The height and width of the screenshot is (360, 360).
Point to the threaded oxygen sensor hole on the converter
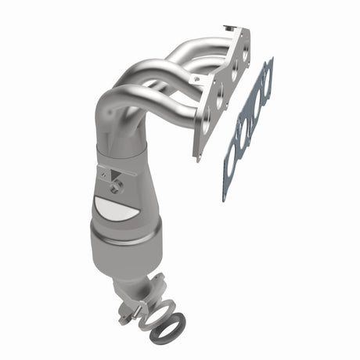(x=117, y=185)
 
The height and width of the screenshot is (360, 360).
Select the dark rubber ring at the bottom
(x=167, y=328)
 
